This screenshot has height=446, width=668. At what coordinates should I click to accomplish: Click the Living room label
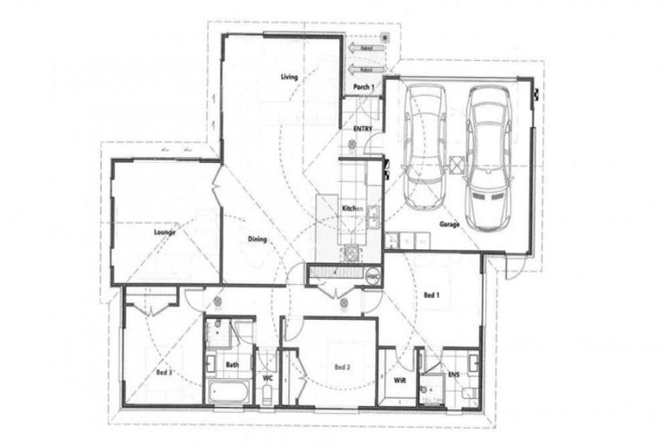click(x=289, y=78)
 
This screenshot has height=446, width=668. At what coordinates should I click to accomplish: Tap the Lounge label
click(x=164, y=233)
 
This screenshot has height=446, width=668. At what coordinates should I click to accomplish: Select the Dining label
click(x=256, y=240)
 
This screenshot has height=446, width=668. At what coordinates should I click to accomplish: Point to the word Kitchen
click(x=351, y=209)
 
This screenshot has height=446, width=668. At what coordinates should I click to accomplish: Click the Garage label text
click(x=449, y=224)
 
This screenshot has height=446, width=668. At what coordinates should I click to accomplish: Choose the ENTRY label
click(x=363, y=129)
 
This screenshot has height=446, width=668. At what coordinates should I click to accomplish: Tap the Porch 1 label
click(x=363, y=87)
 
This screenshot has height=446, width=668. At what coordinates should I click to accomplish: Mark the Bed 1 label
click(x=432, y=296)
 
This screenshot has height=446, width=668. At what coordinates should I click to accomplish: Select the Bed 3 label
click(x=164, y=373)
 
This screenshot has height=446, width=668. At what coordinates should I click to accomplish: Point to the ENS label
click(x=452, y=375)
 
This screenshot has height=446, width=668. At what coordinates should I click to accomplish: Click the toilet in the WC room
click(x=268, y=395)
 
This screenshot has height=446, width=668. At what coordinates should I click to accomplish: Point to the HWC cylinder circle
click(x=372, y=276)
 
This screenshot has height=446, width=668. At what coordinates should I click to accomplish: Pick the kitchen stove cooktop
click(x=352, y=253)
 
